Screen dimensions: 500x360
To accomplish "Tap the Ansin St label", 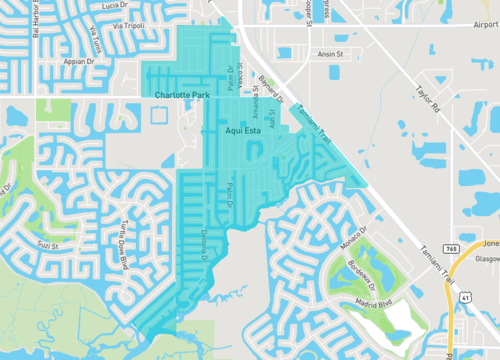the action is (331, 54).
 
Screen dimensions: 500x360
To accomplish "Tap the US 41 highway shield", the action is (466, 295).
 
